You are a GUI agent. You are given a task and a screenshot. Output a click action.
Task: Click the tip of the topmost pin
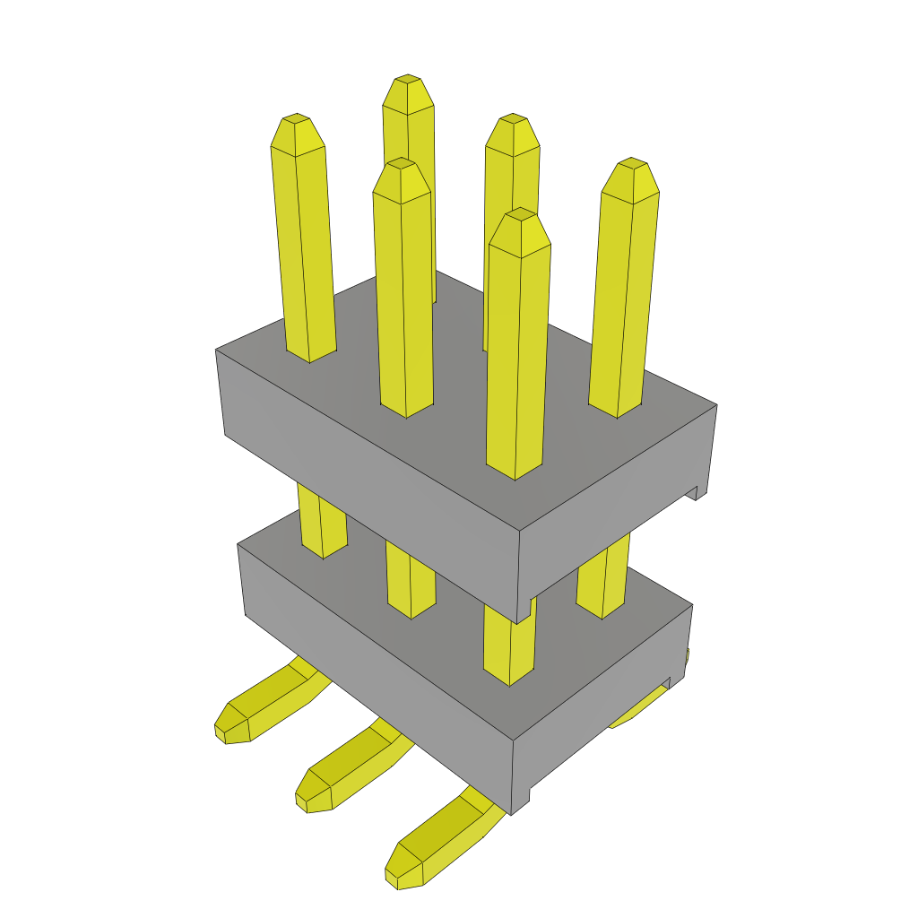(409, 82)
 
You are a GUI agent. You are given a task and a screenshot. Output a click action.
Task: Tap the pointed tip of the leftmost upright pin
(296, 121)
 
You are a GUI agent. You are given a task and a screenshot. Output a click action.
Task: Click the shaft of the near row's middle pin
(403, 296)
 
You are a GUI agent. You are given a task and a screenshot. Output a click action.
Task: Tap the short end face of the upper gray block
(619, 511)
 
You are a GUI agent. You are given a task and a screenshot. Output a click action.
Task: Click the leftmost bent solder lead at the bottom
(264, 704)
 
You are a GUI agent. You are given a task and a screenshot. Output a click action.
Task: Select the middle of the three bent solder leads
(350, 771)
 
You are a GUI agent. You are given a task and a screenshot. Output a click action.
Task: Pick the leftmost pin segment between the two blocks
(321, 524)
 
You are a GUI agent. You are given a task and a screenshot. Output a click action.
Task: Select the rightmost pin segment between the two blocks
(602, 583)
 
